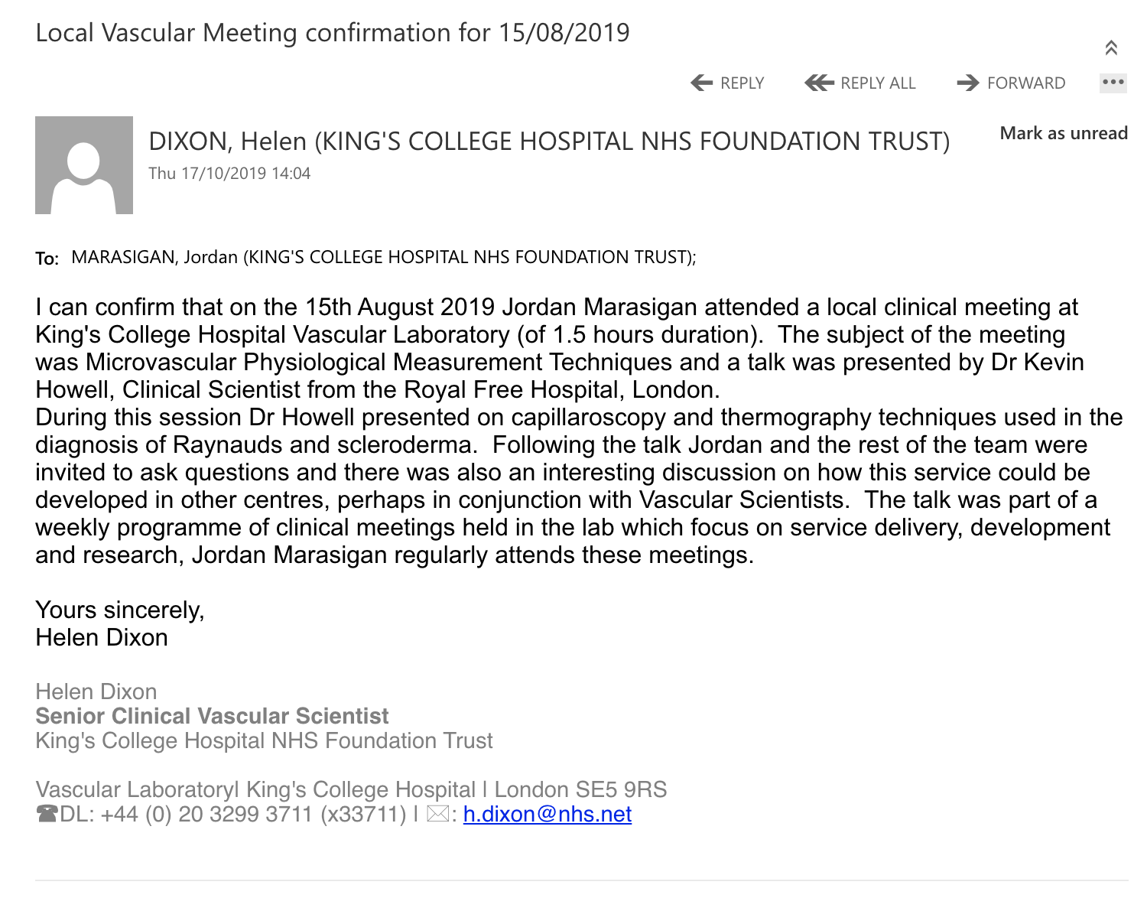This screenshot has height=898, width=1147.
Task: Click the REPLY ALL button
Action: (861, 83)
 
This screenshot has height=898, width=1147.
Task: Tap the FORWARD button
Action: (1011, 83)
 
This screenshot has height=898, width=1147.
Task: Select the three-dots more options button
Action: (1113, 83)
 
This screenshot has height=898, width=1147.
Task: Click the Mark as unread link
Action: (1064, 133)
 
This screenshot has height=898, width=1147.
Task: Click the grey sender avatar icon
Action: (84, 165)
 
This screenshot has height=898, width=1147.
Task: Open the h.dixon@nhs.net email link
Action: (548, 814)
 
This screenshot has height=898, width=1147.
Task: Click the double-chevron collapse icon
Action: (1111, 47)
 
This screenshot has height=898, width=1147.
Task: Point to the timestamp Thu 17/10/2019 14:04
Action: (229, 174)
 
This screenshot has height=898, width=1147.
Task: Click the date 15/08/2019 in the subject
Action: (564, 33)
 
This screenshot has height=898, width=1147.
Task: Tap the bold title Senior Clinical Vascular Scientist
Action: (212, 716)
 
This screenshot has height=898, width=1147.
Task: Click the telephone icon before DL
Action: (47, 814)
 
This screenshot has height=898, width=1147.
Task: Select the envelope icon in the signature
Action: (438, 814)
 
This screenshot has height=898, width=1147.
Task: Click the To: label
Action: (47, 259)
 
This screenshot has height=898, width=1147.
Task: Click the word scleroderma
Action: (410, 445)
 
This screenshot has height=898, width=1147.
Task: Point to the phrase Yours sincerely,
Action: (120, 610)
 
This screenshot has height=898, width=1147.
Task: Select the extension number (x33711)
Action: (363, 814)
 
